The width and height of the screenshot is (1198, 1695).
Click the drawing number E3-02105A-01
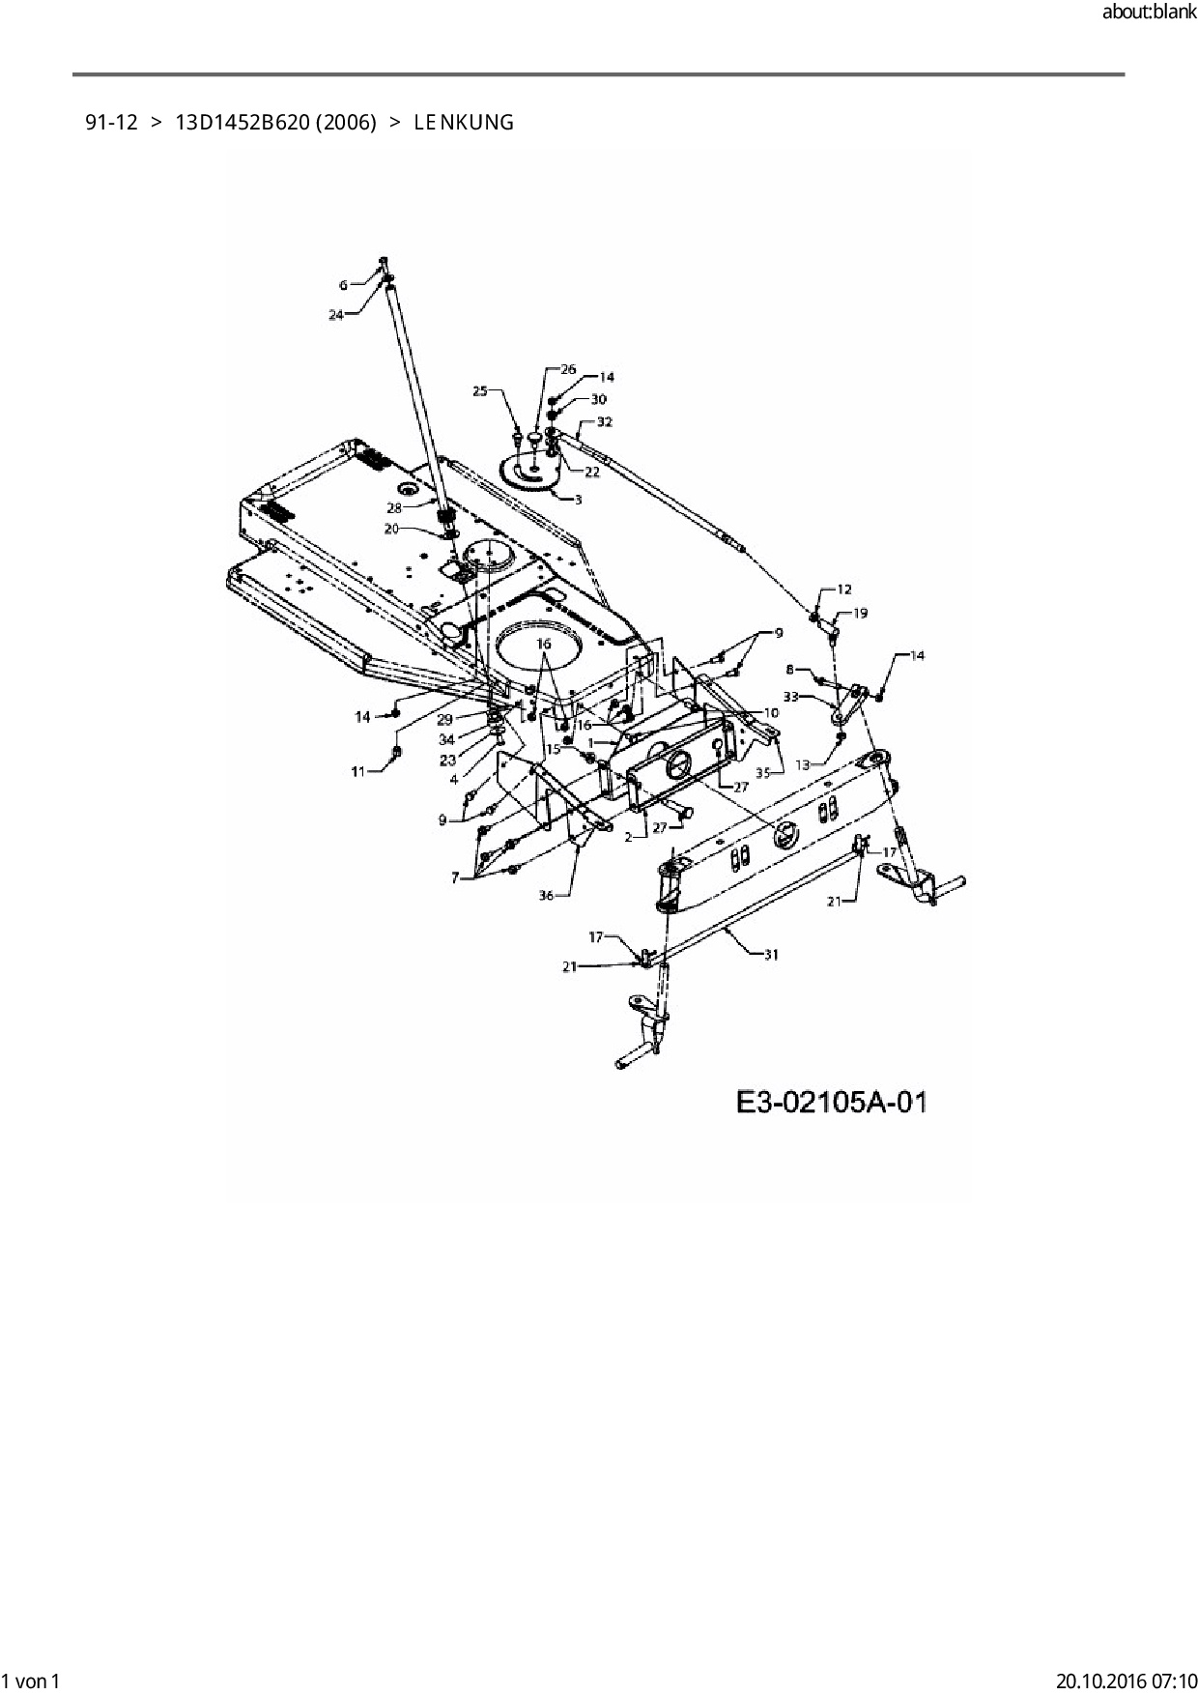click(x=831, y=1102)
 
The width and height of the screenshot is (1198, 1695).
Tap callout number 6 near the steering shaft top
click(x=343, y=284)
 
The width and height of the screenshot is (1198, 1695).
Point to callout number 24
click(x=336, y=314)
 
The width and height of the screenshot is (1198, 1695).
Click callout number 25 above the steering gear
click(x=480, y=390)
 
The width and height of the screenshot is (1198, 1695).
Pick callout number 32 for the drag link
click(x=605, y=422)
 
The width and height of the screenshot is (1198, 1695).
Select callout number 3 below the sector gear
click(x=578, y=499)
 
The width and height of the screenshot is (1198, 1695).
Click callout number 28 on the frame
click(x=394, y=507)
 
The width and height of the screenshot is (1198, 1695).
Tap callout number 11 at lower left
click(x=358, y=771)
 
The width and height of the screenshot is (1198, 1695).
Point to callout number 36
click(x=547, y=896)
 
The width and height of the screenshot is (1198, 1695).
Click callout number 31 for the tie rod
click(x=771, y=955)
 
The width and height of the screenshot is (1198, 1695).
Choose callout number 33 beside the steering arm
click(x=790, y=696)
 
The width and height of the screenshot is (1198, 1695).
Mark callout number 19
click(x=860, y=613)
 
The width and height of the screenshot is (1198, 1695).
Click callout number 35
click(x=763, y=772)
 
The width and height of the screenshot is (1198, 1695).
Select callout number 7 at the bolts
click(x=455, y=877)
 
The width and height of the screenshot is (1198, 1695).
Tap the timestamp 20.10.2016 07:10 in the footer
click(x=1127, y=1680)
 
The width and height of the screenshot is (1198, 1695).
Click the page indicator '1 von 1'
click(x=32, y=1680)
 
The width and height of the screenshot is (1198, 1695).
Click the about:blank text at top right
click(x=1149, y=13)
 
